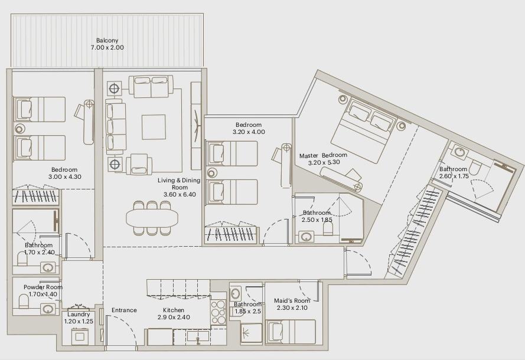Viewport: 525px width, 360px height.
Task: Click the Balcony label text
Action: click(107, 41)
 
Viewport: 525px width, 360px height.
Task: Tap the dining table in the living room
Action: click(152, 218)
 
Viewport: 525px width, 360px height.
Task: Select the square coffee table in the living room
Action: click(154, 127)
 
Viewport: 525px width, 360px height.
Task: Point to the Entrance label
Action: click(124, 310)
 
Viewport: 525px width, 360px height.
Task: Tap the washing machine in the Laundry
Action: click(80, 336)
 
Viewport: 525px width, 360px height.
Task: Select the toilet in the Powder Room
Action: click(24, 301)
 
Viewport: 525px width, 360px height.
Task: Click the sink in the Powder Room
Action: click(48, 309)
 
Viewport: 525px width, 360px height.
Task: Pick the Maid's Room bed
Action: click(291, 332)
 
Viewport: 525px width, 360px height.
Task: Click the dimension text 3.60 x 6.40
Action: click(180, 194)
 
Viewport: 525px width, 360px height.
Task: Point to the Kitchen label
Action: click(174, 310)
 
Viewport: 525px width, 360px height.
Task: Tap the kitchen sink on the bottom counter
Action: click(198, 336)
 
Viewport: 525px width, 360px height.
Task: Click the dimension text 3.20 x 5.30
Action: click(324, 162)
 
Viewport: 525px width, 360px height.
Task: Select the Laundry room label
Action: click(79, 315)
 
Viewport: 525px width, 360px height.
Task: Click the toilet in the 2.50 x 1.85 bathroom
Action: click(328, 229)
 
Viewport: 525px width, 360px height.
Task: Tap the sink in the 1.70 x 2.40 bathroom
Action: click(48, 268)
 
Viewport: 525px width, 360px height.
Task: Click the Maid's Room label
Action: click(292, 301)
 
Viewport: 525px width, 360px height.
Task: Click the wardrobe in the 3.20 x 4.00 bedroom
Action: click(231, 233)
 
